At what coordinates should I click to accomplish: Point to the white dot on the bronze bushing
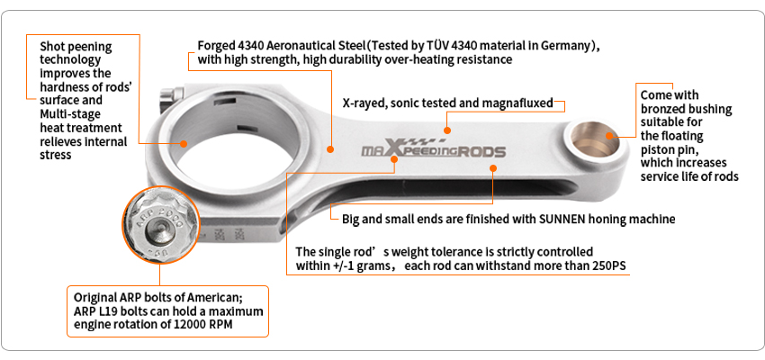(610, 136)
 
